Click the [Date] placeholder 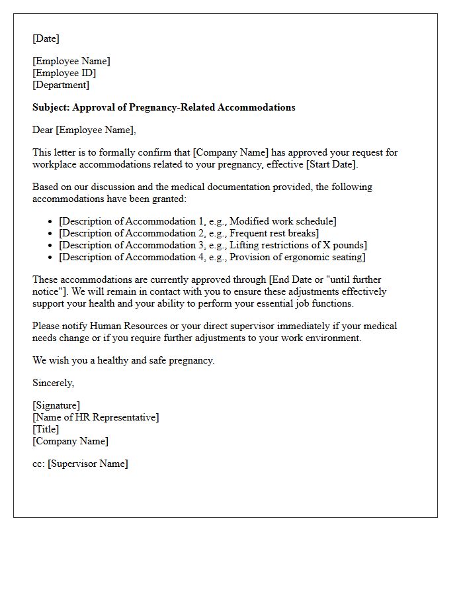tap(46, 38)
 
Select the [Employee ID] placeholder tap(64, 73)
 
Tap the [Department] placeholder tap(61, 85)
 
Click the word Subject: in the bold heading tap(51, 107)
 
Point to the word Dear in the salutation tap(43, 130)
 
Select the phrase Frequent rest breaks tap(274, 233)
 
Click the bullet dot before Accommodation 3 tap(51, 246)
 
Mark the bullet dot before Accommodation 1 tap(51, 222)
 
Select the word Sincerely tap(53, 383)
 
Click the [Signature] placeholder tap(56, 405)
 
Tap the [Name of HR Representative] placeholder tap(96, 417)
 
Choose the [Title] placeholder tap(46, 429)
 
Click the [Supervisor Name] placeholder tap(87, 464)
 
